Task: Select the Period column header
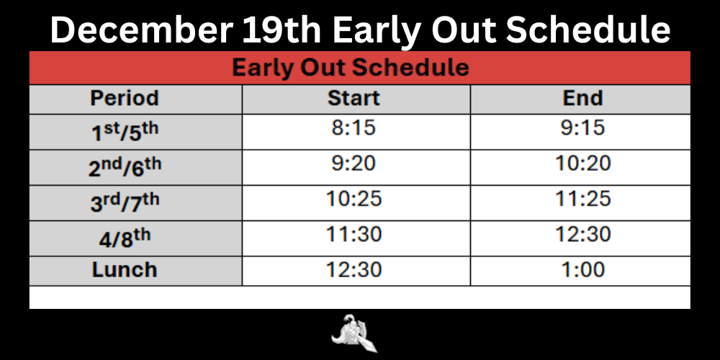(x=125, y=98)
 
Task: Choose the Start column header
(x=354, y=98)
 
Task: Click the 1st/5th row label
(x=125, y=132)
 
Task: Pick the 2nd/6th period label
(x=125, y=166)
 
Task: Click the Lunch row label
(x=125, y=270)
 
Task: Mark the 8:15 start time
(x=354, y=129)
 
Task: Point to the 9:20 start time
(x=354, y=164)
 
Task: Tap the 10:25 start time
(x=354, y=199)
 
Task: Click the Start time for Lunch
(x=354, y=270)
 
